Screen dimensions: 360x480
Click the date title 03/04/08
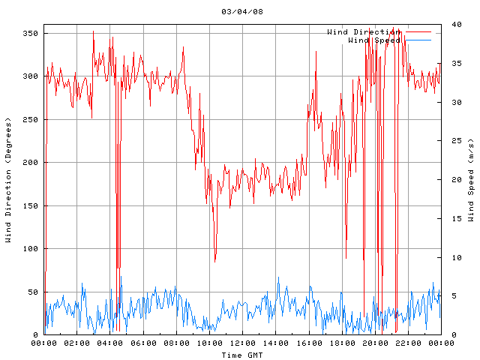coord(242,12)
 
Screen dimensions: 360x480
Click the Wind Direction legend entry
coord(364,31)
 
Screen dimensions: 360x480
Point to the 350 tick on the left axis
coord(30,34)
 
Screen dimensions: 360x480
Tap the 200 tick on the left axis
coord(30,163)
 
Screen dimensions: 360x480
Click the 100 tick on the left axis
coord(30,249)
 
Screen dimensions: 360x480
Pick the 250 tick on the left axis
coord(30,120)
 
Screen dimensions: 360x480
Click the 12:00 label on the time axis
coord(242,343)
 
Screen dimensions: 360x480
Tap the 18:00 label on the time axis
coord(341,343)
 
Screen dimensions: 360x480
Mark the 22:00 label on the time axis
coord(407,343)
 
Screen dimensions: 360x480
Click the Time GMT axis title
coord(242,354)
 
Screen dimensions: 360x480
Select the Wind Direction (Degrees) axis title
coord(8,180)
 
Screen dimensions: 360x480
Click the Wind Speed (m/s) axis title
coord(471,180)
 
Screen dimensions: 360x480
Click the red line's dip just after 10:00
coord(215,260)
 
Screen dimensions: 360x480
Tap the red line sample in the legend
coord(418,32)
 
